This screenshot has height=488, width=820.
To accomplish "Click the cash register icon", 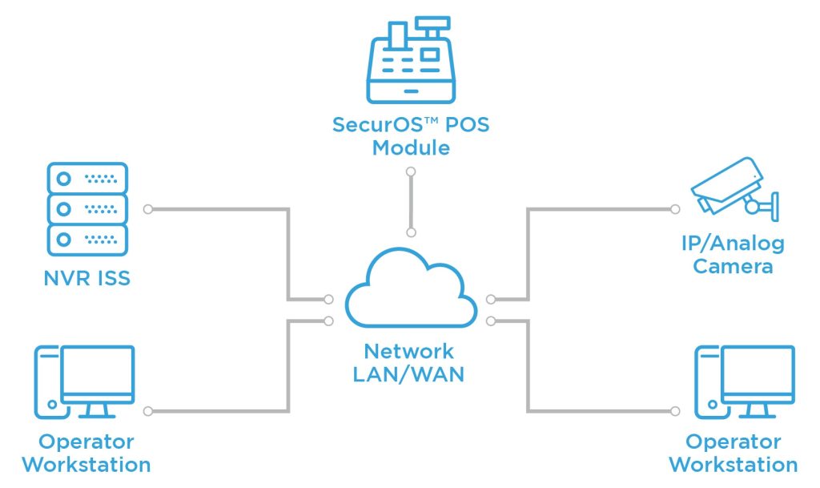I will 410,62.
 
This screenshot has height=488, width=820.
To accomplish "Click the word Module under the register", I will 411,148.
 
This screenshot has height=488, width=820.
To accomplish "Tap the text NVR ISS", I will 86,279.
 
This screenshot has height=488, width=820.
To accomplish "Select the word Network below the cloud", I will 408,351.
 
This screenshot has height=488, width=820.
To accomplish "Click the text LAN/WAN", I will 408,373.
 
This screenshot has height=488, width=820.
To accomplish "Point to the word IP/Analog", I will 732,243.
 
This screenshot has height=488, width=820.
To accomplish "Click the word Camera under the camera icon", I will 733,266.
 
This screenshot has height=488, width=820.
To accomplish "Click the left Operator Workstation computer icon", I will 84,382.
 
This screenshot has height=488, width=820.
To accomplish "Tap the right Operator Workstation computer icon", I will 745,382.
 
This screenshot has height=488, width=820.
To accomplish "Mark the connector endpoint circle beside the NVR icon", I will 147,209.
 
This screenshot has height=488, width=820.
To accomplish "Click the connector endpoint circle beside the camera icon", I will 674,209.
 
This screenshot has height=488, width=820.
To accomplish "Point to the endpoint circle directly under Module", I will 411,171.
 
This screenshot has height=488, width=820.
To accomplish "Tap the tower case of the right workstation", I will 705,382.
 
